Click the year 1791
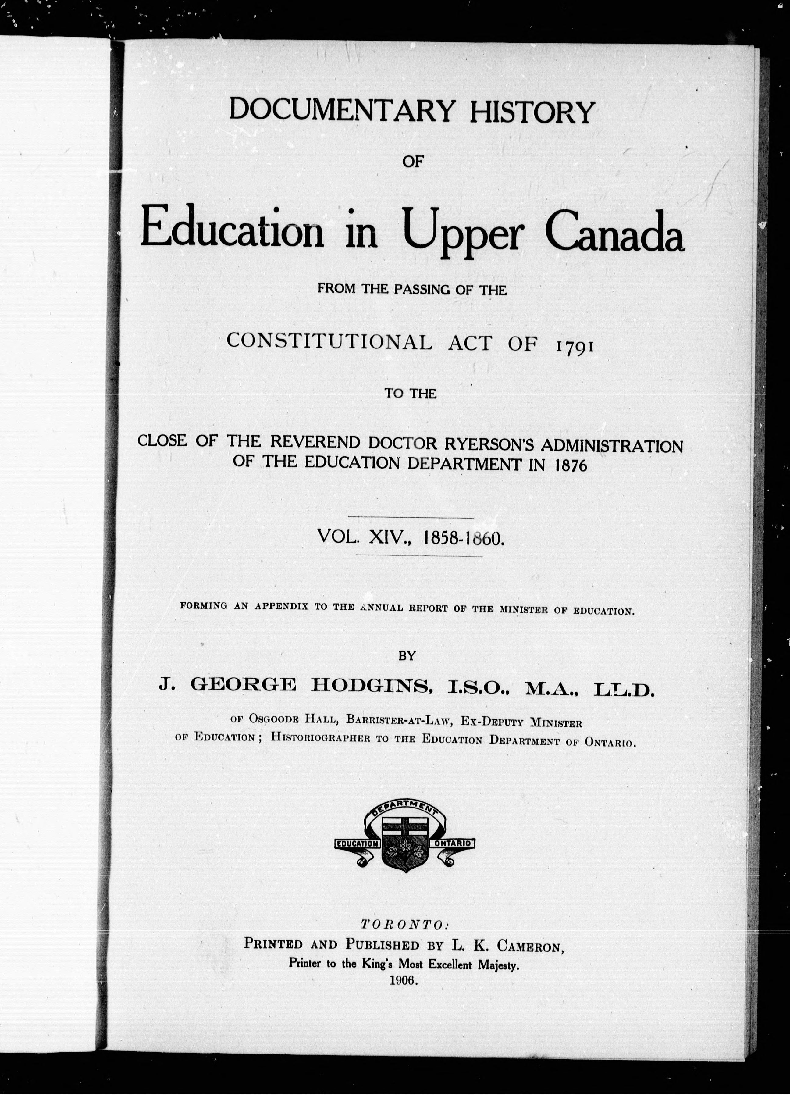(574, 343)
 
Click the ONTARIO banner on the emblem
(454, 843)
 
